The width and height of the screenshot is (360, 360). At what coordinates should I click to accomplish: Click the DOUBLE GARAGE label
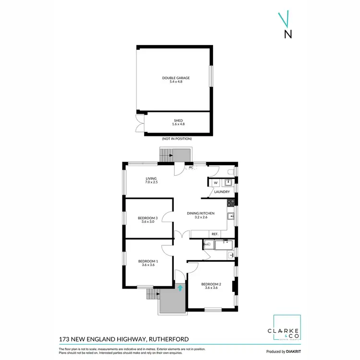(x=176, y=78)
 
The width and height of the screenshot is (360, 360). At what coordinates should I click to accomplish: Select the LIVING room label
(x=151, y=179)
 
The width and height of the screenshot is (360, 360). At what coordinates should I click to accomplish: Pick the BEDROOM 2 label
(x=211, y=284)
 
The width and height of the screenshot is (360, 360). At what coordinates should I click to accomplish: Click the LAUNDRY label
(x=222, y=192)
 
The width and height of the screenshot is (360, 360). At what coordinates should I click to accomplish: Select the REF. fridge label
(x=215, y=234)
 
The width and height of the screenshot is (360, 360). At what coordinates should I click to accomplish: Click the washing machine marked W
(x=216, y=182)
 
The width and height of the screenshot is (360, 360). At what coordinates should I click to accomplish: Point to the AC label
(x=191, y=168)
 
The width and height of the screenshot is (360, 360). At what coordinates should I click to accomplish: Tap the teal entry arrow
(x=180, y=288)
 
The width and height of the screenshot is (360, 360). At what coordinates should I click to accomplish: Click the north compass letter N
(x=288, y=34)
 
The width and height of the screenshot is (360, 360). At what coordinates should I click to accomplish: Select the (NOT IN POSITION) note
(x=177, y=139)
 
